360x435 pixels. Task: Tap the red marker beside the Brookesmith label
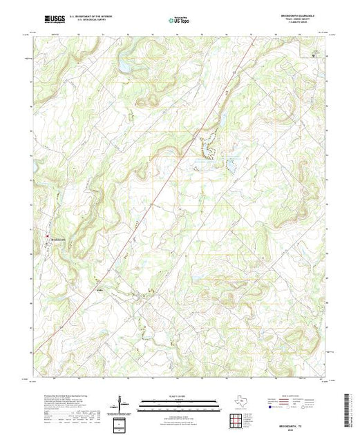pos(48,239)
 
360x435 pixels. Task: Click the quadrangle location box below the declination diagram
pos(122,423)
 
